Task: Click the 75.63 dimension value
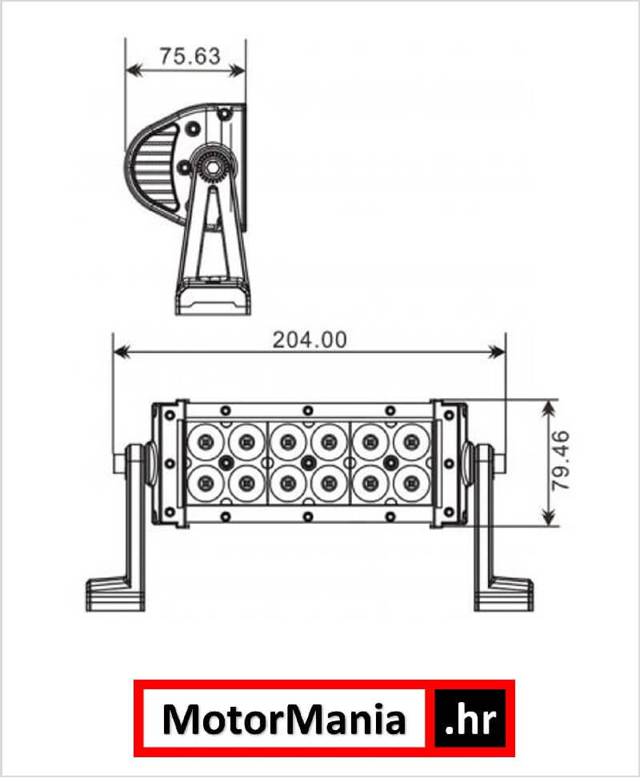click(190, 56)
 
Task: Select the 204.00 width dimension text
click(310, 340)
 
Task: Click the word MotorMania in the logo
click(284, 719)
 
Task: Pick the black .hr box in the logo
click(470, 718)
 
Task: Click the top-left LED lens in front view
click(206, 441)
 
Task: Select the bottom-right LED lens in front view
click(411, 483)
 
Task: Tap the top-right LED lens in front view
click(411, 441)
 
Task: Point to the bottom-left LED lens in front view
click(206, 483)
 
